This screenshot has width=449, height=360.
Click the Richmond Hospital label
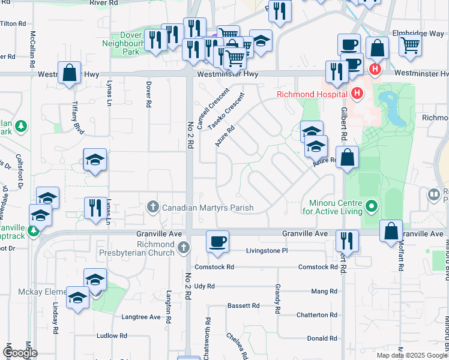[312, 94]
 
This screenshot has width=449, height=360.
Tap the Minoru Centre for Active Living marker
[372, 207]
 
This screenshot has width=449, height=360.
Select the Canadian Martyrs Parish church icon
[153, 208]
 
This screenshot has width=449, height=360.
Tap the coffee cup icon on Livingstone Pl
[217, 241]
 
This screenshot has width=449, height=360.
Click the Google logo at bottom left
[19, 353]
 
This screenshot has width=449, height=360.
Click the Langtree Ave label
[141, 317]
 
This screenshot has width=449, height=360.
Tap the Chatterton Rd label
[321, 315]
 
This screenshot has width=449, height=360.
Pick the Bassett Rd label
[243, 305]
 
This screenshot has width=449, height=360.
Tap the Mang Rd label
[324, 291]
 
